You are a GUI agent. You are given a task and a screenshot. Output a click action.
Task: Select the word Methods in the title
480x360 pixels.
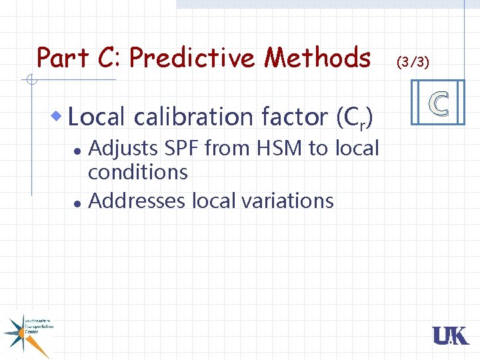[x=317, y=59]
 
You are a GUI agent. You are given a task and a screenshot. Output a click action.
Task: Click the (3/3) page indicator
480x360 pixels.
[x=413, y=63]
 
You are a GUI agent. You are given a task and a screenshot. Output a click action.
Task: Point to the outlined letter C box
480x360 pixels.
[x=438, y=103]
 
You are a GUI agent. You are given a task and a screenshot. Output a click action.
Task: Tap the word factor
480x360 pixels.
[x=295, y=117]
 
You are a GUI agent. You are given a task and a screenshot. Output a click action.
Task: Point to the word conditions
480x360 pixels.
[x=138, y=173]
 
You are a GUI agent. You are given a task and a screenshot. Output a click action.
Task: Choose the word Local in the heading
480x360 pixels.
[x=97, y=117]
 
